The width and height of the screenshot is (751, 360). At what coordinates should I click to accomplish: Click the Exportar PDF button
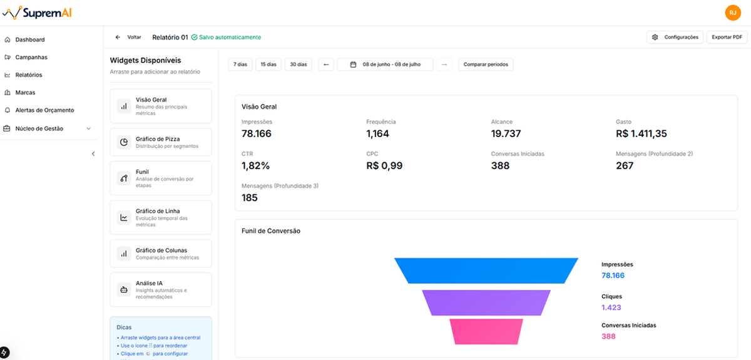[x=727, y=37]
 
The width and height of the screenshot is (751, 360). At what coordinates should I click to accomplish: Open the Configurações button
[x=675, y=37]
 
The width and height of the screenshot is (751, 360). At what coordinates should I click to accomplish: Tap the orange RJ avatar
[x=733, y=13]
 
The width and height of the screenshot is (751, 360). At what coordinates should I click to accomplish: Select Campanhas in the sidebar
[x=31, y=57]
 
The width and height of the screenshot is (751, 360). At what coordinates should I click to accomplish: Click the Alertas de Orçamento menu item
[x=44, y=110]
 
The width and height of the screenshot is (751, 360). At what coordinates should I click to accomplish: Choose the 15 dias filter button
[x=268, y=64]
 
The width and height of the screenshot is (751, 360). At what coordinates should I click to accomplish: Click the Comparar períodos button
[x=486, y=64]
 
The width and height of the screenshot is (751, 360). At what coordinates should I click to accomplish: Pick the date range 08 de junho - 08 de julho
[x=385, y=64]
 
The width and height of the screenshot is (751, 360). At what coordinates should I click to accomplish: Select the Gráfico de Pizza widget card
[x=161, y=143]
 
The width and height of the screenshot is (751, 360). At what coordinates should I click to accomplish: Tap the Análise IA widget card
[x=161, y=290]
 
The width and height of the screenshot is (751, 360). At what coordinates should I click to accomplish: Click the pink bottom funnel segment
[x=486, y=331]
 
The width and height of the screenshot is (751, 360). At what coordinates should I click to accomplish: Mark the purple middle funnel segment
[x=486, y=302]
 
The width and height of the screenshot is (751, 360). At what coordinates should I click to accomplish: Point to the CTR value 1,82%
[x=255, y=165]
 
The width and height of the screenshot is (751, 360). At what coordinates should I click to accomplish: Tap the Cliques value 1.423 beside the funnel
[x=611, y=307]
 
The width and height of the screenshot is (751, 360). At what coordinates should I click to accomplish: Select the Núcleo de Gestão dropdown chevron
[x=88, y=128]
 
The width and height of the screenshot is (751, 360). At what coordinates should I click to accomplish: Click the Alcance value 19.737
[x=506, y=133]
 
